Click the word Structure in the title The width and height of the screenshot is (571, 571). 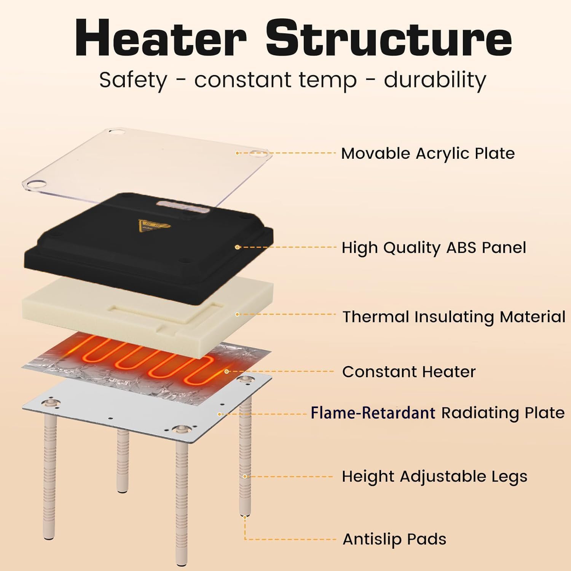(x=389, y=38)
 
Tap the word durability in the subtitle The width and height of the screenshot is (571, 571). (x=435, y=80)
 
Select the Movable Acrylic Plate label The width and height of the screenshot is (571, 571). (x=428, y=153)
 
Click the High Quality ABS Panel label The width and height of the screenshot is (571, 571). (x=434, y=247)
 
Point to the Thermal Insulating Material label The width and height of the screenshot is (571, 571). (x=454, y=316)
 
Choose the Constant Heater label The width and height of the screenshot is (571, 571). (x=409, y=372)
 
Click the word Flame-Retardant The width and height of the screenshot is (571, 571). (x=373, y=413)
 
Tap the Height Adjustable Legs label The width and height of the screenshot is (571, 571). (x=434, y=477)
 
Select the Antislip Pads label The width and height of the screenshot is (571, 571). (x=394, y=539)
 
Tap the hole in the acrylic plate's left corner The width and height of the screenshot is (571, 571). (x=36, y=184)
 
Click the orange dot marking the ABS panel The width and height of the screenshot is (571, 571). (x=237, y=247)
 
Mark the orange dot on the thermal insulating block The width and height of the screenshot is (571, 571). (x=237, y=314)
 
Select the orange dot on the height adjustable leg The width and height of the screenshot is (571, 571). (x=245, y=476)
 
